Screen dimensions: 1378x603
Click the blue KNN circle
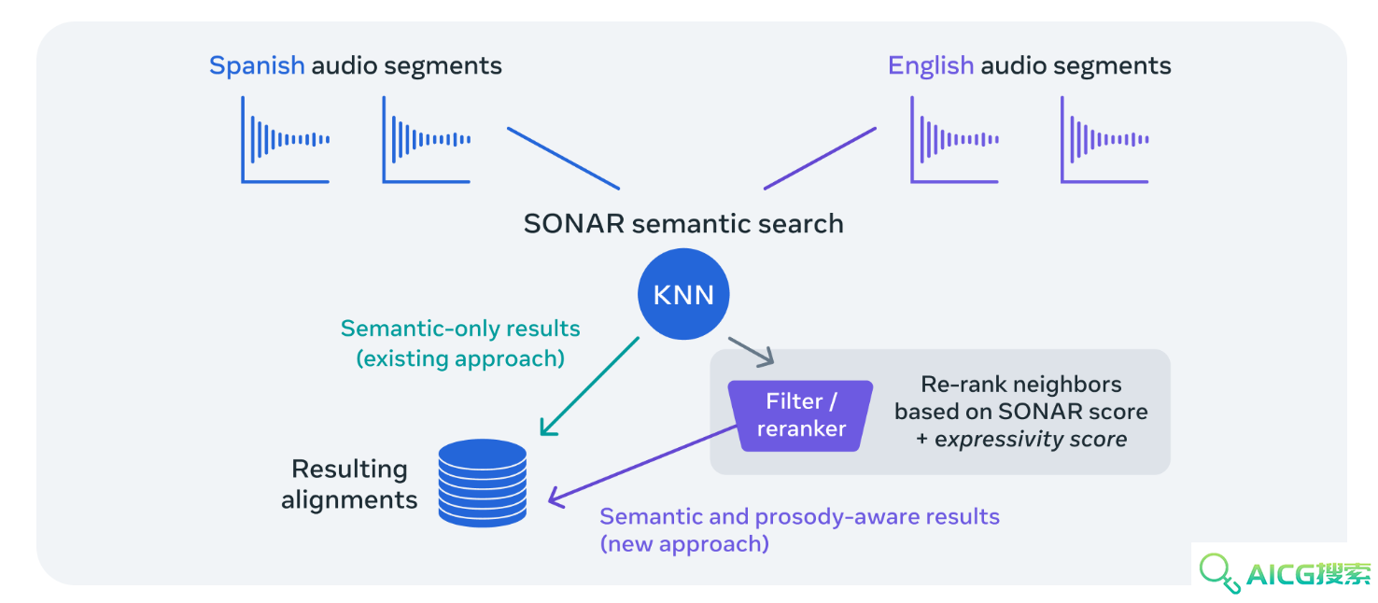point(683,294)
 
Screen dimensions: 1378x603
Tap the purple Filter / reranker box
point(800,415)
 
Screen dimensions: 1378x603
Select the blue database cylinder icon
point(483,483)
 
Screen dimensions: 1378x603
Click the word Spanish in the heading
point(257,66)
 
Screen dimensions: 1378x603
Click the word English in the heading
point(930,66)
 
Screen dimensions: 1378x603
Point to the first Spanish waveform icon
point(285,140)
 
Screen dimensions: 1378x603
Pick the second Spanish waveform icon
point(427,140)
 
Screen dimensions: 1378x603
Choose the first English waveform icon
point(954,140)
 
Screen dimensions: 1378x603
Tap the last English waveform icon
point(1104,140)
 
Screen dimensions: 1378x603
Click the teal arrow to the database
point(589,386)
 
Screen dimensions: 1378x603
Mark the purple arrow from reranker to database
point(642,466)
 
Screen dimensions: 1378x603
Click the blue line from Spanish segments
point(563,158)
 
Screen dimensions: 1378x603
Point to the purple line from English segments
point(820,158)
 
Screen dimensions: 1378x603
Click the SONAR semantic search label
point(683,223)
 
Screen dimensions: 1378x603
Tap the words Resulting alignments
point(349,484)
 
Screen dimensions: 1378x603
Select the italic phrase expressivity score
point(1031,440)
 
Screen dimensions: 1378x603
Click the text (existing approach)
point(460,358)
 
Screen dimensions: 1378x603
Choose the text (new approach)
point(684,544)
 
